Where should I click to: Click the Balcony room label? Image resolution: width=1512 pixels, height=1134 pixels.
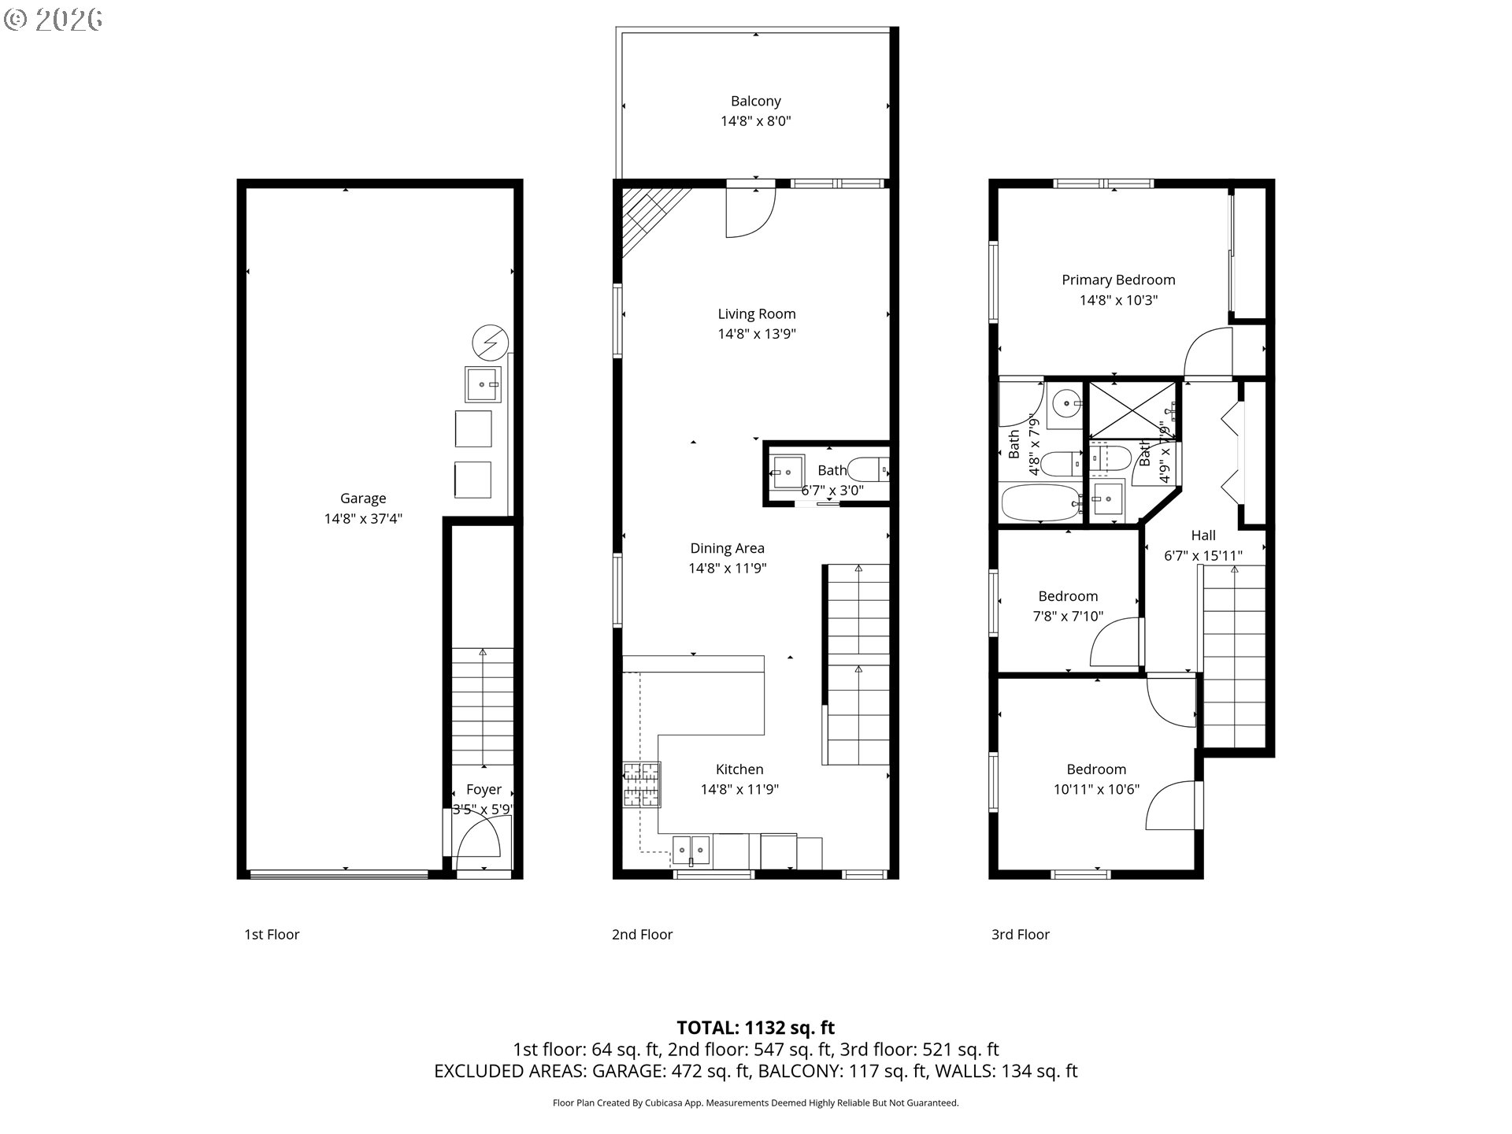click(755, 101)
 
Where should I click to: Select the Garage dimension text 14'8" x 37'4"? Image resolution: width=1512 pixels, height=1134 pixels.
click(363, 519)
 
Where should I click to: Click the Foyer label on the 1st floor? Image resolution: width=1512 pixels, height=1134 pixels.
click(484, 789)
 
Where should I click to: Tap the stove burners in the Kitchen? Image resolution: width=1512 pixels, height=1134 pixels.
click(642, 784)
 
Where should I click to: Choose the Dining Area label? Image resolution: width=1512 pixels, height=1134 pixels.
click(727, 548)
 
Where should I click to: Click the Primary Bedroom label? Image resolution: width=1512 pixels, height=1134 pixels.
click(1118, 280)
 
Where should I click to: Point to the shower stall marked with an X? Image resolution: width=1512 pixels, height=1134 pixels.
click(1131, 410)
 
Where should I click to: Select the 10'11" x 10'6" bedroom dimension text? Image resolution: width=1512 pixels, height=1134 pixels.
click(1096, 790)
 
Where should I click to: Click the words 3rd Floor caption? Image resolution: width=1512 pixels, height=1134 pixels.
click(1020, 935)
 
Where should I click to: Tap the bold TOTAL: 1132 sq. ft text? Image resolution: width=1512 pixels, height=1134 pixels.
click(755, 1028)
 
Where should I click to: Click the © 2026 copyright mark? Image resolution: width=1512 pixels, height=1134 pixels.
click(53, 20)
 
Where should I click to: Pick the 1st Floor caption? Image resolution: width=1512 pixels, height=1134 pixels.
click(272, 935)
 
